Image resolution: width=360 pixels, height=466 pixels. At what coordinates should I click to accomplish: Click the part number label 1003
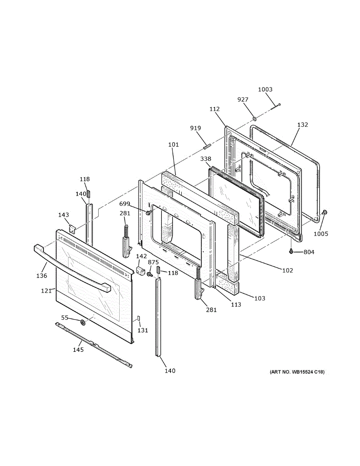coord(265,89)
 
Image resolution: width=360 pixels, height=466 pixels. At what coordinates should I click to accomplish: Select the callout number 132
coord(303,125)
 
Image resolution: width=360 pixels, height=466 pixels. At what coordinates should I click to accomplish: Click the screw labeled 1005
coord(325,212)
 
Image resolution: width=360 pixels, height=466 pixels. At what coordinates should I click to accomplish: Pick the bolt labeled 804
coord(291,252)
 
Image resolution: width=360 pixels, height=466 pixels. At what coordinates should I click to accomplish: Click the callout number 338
coord(206,159)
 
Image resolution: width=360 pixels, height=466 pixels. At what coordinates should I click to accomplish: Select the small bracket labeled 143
coord(72,229)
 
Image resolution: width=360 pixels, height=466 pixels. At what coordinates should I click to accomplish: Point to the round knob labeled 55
coord(82,322)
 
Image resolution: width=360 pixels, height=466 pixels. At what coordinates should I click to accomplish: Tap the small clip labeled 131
coord(137,319)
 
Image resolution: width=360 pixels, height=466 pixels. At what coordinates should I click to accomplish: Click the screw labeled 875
coord(149,274)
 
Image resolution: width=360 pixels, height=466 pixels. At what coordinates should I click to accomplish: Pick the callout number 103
coord(260,298)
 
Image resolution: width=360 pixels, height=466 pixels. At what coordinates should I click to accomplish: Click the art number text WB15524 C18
coord(297,372)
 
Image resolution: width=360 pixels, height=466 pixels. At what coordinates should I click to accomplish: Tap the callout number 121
coord(47,290)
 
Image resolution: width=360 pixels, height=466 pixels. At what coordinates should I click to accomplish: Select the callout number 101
coord(174,145)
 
